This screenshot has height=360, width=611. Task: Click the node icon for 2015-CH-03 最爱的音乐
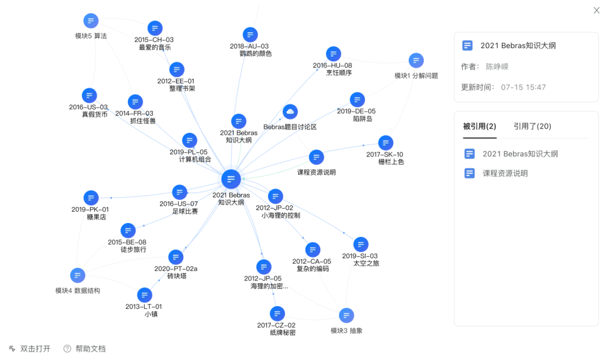155,28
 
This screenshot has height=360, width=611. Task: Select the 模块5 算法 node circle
91,21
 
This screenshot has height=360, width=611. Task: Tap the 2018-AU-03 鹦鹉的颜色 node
250,35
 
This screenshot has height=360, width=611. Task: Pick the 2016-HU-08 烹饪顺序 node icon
334,54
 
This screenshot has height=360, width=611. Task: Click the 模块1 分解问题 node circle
416,61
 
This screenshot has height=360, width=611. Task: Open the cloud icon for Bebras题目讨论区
290,112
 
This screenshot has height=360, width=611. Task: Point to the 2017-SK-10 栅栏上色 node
385,143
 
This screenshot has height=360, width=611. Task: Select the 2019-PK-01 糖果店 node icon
91,198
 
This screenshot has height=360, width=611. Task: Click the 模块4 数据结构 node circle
78,276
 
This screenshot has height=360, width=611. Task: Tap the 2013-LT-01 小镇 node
145,295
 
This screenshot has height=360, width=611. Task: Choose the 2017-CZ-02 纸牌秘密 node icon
277,314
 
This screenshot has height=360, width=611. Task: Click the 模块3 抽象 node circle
346,315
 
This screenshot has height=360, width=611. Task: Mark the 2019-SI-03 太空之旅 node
361,245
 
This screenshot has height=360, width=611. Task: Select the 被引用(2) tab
479,126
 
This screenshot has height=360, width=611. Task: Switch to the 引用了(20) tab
532,126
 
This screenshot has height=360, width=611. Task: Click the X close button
596,10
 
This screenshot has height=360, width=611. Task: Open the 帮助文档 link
90,349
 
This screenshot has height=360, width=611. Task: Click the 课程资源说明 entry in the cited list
505,173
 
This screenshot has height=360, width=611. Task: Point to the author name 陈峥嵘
497,67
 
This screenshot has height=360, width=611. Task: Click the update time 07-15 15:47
523,87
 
